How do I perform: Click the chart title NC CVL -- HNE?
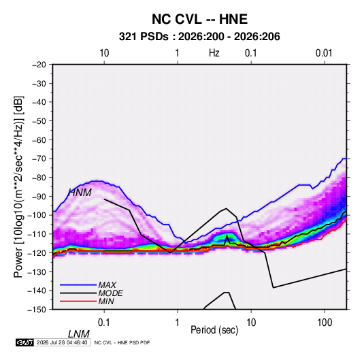coord(199,19)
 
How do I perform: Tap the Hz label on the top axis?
coord(214,53)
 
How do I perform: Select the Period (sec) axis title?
coord(214,330)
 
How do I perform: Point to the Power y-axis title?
coord(18,186)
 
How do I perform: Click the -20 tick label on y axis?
coord(39,65)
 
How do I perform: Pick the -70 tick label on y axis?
coord(39,159)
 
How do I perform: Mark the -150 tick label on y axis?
coord(37,310)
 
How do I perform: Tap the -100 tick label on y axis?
coord(37,215)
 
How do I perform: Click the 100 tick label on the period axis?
coord(325,323)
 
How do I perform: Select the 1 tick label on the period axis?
coord(178,323)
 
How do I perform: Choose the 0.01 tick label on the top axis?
coord(324,53)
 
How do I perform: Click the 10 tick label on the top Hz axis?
coord(104,53)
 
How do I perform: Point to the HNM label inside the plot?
coord(80,193)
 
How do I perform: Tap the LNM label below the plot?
coord(78,334)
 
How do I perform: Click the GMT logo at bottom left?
coord(24,342)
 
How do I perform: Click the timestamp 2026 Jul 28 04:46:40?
coord(62,342)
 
